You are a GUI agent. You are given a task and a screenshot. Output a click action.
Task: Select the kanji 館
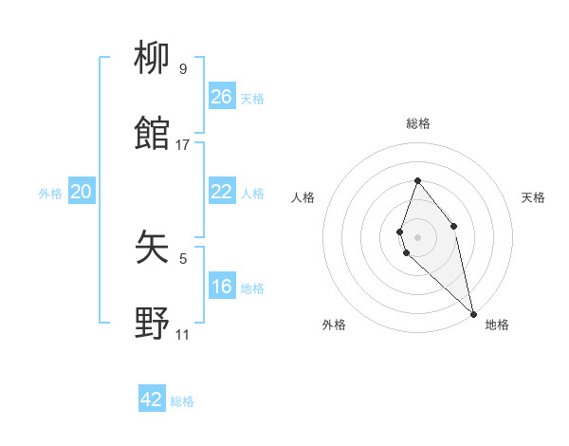coord(153,133)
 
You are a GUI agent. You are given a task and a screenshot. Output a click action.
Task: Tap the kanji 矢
coord(153,247)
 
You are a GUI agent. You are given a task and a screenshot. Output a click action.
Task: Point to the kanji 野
coord(153,323)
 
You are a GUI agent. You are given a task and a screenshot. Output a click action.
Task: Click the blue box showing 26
coord(222,97)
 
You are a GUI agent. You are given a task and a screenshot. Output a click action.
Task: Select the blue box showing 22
coord(222,192)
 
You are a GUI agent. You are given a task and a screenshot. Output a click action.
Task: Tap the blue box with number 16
coord(222,287)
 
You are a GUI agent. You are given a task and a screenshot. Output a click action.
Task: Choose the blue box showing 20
coord(82,193)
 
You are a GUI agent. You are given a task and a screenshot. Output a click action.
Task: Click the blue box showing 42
coord(152,400)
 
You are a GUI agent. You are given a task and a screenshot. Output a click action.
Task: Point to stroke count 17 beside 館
coord(183,145)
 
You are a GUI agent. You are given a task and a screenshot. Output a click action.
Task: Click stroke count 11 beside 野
coord(182,335)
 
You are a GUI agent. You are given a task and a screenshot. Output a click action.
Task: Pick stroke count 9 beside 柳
coord(183,69)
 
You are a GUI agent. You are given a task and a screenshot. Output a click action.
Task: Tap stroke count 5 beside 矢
coord(183,258)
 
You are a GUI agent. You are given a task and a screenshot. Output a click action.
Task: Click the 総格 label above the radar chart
coord(418,123)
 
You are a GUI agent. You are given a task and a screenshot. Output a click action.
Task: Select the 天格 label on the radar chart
coord(533,197)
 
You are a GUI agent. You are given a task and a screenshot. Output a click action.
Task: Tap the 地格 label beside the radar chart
coord(497,325)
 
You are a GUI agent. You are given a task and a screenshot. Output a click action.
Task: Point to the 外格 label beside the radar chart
coord(334,325)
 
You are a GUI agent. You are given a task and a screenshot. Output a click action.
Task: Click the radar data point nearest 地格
coord(473,313)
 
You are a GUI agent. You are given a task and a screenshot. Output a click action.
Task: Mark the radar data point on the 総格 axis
coord(417,180)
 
